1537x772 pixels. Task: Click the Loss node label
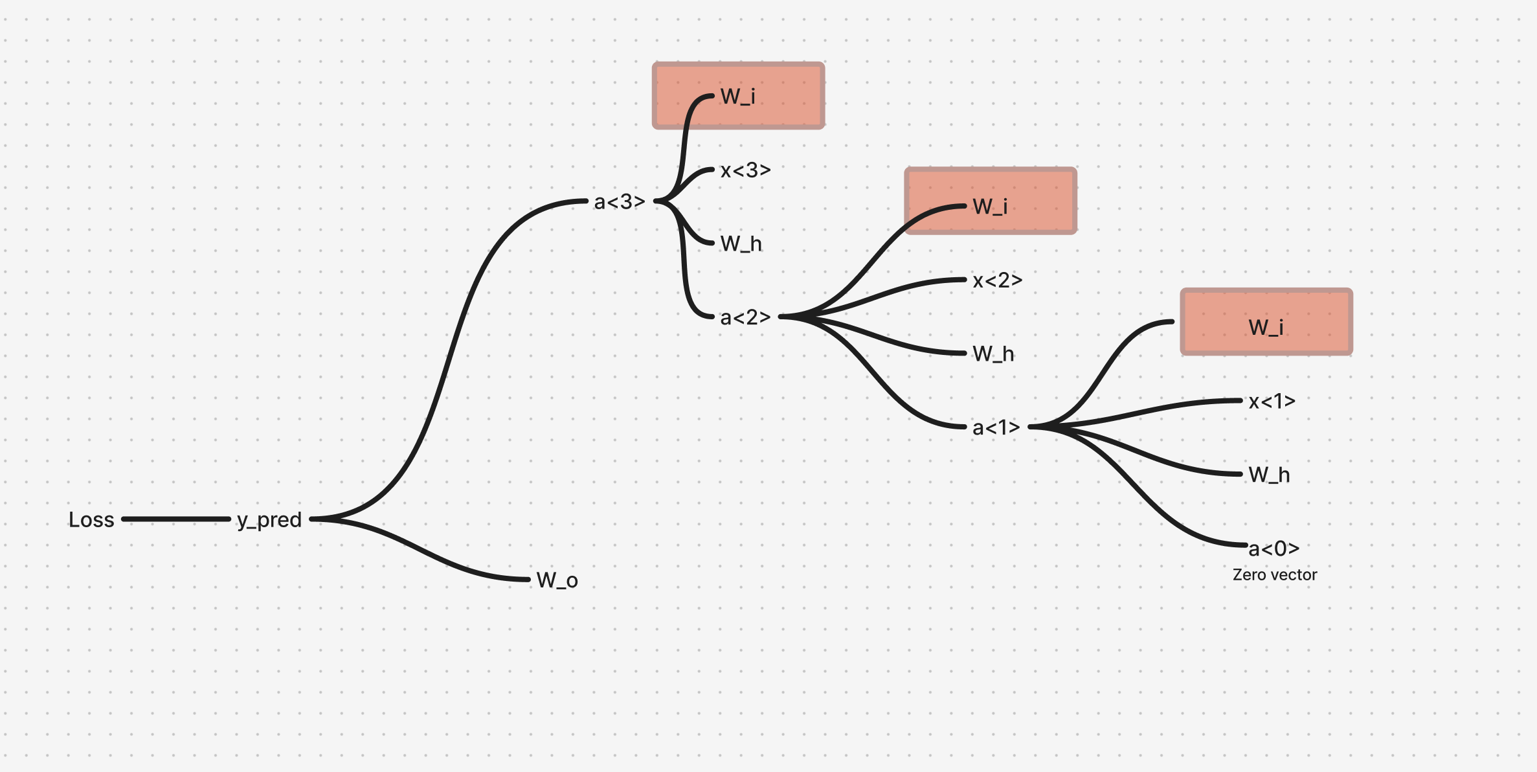pyautogui.click(x=91, y=519)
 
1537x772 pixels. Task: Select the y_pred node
pyautogui.click(x=269, y=520)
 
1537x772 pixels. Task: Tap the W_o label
pyautogui.click(x=557, y=580)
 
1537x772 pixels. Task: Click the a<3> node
pyautogui.click(x=620, y=202)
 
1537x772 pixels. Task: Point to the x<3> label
pyautogui.click(x=746, y=170)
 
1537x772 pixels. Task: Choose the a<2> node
pyautogui.click(x=745, y=317)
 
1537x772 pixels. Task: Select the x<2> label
pyautogui.click(x=998, y=280)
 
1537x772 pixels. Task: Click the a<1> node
pyautogui.click(x=996, y=427)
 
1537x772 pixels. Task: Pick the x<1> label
pyautogui.click(x=1272, y=402)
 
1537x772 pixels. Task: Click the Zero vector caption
pyautogui.click(x=1275, y=575)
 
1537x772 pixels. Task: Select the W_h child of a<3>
pyautogui.click(x=741, y=244)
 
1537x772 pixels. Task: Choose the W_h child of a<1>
pyautogui.click(x=1270, y=475)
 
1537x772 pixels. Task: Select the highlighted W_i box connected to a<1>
pyautogui.click(x=1266, y=322)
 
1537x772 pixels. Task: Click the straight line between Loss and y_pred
pyautogui.click(x=176, y=519)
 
